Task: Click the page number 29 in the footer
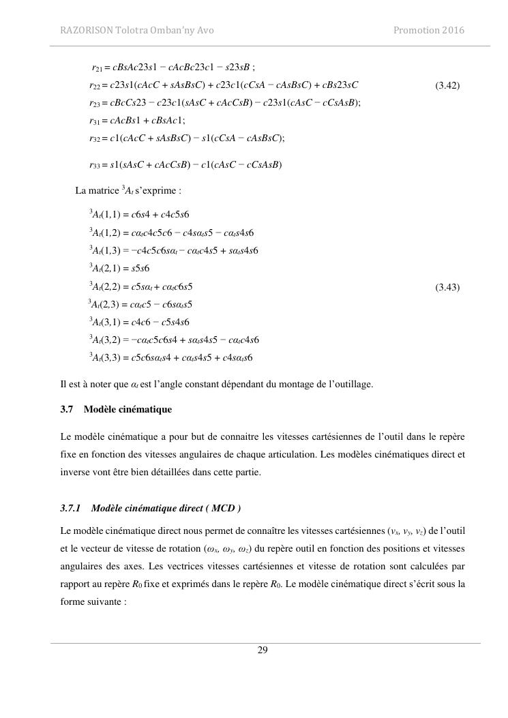263,650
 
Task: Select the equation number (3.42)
447,85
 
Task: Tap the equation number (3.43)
447,287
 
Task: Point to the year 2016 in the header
453,30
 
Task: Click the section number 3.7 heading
68,409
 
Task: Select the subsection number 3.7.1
70,508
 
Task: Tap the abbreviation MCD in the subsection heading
221,508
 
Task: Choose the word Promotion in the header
415,30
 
